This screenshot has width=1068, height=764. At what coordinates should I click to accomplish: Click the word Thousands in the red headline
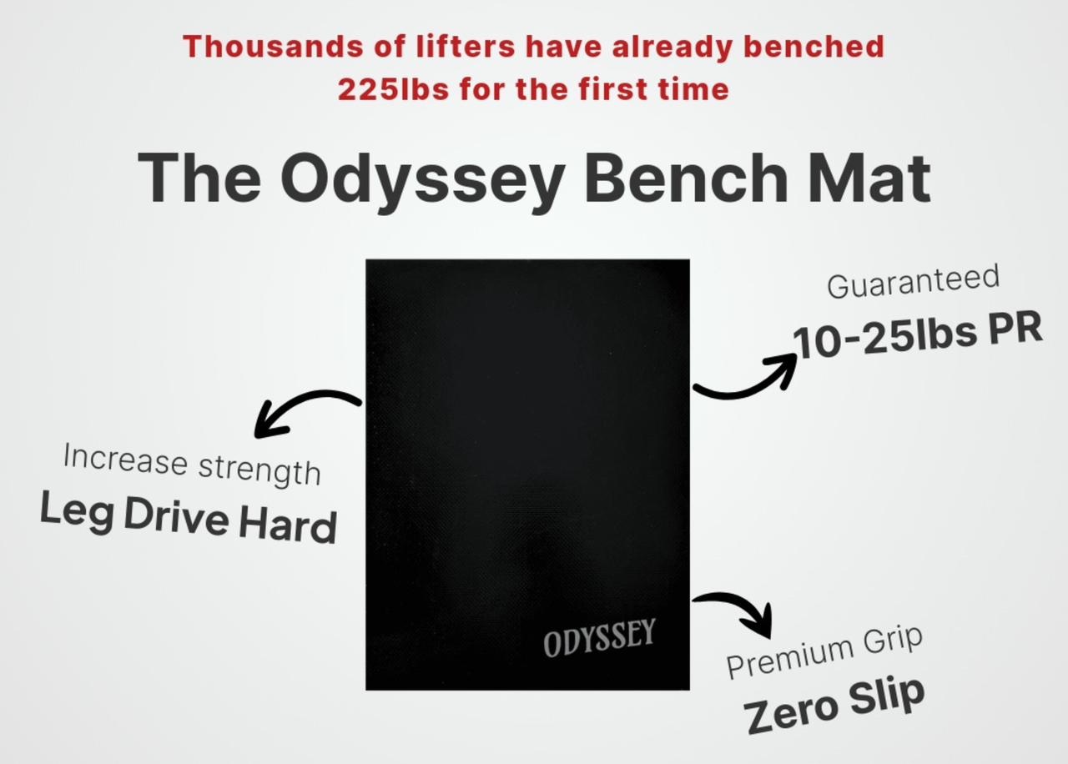(273, 47)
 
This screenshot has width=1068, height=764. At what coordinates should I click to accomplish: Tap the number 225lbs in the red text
(393, 89)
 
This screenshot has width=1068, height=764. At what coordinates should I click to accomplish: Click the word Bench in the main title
(686, 178)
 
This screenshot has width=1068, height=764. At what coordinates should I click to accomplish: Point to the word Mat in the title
(869, 178)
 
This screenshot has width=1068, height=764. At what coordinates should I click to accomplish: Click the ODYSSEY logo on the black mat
(599, 638)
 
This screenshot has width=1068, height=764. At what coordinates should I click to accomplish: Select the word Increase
(125, 459)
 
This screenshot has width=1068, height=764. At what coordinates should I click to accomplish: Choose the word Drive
(176, 516)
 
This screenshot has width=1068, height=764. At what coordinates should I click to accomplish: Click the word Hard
(288, 525)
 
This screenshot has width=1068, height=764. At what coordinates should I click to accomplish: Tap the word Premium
(789, 659)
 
